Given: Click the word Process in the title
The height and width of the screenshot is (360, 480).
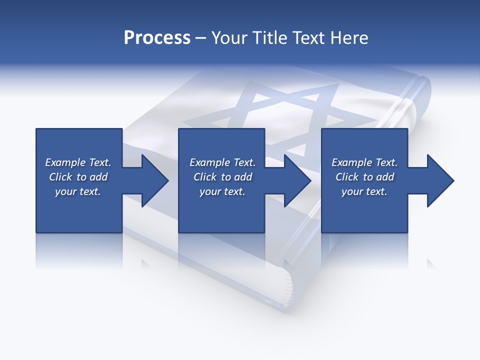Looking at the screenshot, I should pos(157,38).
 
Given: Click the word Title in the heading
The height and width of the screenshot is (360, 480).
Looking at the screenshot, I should pos(268,38).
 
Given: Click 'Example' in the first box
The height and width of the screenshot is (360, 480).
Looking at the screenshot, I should pos(65,162).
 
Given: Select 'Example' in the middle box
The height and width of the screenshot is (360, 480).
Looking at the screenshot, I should pos(209,162).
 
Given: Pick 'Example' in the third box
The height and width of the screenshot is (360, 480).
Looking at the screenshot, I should pos(351,162).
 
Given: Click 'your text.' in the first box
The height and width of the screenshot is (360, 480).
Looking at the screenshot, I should pos(78,191).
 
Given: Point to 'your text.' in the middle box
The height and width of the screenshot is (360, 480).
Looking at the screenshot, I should pos(222,191).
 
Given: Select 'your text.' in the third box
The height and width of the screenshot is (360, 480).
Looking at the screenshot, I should pos(364,191).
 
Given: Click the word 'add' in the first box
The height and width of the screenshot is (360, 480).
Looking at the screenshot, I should pos(99,177).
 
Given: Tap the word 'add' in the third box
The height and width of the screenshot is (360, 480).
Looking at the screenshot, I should pos(385,177).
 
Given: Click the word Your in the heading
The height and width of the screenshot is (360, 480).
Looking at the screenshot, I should pos(228,38).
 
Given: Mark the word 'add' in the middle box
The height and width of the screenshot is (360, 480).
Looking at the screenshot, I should pos(243,177).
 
